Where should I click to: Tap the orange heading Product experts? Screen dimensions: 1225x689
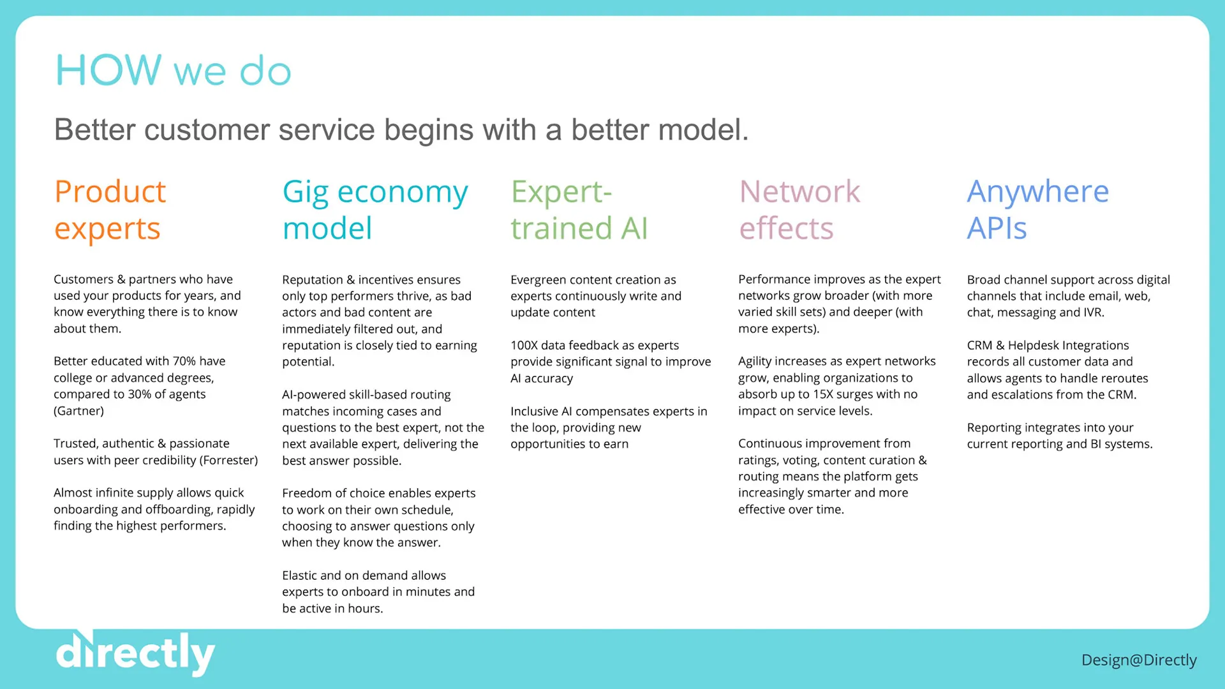pos(110,210)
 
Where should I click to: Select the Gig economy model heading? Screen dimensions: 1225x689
pos(375,210)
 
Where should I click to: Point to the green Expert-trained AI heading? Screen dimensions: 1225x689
pos(579,210)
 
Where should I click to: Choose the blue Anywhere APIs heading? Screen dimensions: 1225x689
pos(1038,210)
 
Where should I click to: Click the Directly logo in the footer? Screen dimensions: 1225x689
pos(135,653)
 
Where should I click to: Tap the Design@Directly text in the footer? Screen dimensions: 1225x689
pos(1139,660)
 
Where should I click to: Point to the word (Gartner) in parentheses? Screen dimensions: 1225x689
pos(78,411)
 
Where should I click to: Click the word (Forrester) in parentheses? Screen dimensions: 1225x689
pos(229,460)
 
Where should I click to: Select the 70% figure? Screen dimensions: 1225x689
pos(184,361)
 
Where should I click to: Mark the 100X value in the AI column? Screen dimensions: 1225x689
pos(524,345)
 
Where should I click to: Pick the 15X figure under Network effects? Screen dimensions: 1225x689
pos(823,394)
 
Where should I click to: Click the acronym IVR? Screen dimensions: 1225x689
pos(1092,313)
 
